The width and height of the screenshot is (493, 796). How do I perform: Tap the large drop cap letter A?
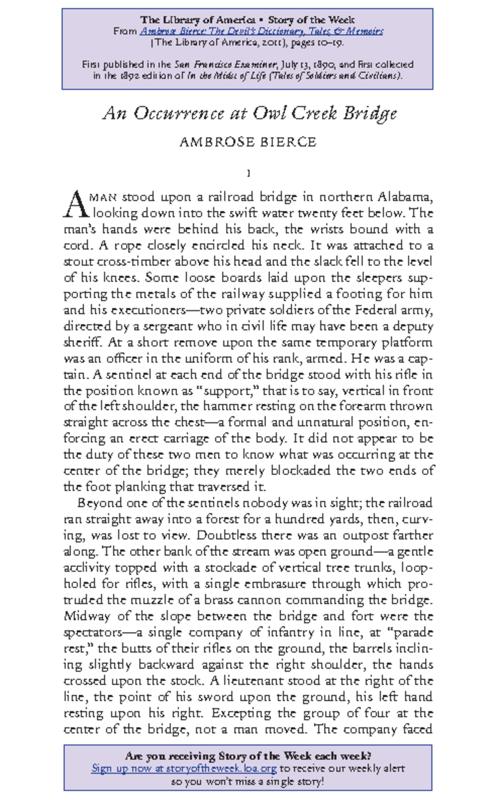[76, 205]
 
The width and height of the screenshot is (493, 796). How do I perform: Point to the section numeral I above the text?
[248, 173]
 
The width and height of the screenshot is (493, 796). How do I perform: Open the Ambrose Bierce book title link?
[261, 31]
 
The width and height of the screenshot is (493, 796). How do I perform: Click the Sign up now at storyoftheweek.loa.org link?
[184, 768]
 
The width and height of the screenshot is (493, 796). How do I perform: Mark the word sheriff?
[82, 343]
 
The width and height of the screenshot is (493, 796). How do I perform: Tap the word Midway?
[87, 617]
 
